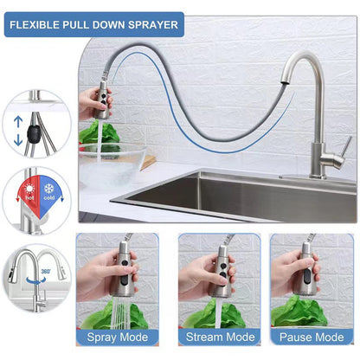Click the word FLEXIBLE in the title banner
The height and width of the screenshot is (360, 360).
39,24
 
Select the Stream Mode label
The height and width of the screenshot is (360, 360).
216,337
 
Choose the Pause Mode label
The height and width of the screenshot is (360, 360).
312,337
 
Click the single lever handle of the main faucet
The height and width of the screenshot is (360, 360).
342,146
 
